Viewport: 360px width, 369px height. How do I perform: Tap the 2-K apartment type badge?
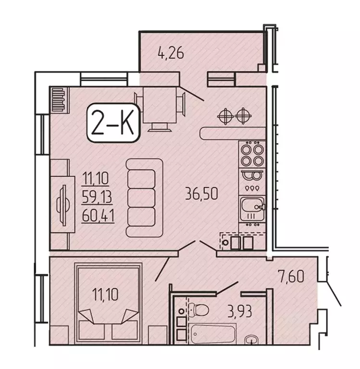pyautogui.click(x=113, y=124)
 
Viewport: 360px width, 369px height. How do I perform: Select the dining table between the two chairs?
pyautogui.click(x=161, y=104)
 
